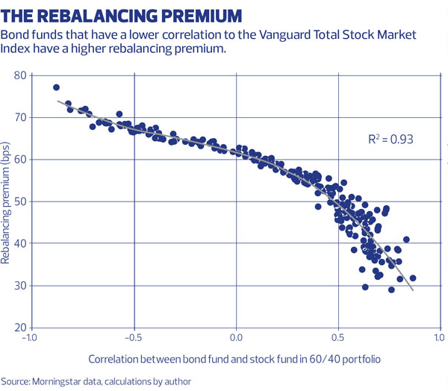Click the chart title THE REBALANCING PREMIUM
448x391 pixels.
(123, 15)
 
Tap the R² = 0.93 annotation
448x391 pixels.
(391, 139)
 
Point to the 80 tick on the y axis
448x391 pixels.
(19, 75)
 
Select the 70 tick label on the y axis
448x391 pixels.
(19, 118)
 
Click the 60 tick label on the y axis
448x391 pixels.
(19, 160)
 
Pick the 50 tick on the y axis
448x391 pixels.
(19, 201)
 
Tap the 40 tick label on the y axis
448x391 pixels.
(19, 244)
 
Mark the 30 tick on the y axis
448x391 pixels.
(19, 286)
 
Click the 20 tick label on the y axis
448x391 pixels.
(19, 328)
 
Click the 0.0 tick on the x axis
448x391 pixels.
(237, 337)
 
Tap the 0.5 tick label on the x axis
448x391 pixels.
(339, 337)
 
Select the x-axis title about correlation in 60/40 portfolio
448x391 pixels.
(234, 359)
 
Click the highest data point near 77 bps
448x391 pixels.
(56, 87)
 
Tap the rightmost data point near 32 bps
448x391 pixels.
(413, 278)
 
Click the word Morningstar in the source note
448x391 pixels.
(60, 381)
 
